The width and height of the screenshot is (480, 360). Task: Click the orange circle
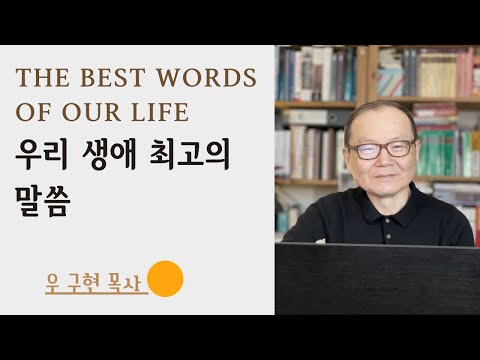(166, 280)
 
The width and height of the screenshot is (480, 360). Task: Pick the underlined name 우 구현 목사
(96, 283)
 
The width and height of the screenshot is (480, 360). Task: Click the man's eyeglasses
(383, 149)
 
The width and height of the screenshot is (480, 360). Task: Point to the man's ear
(346, 156)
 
